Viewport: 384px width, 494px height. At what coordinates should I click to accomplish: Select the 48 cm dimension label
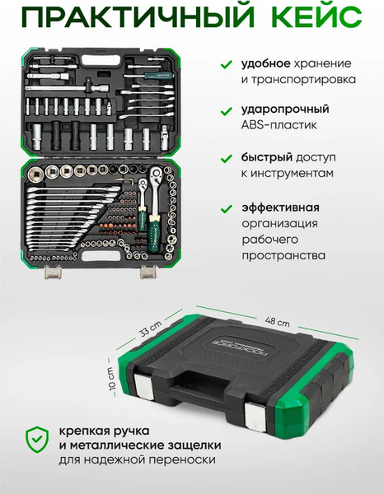click(277, 321)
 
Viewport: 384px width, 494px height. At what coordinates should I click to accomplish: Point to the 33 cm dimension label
click(151, 329)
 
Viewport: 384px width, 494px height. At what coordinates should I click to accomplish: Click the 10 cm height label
click(112, 378)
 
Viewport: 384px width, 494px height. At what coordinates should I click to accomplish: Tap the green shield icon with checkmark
click(37, 440)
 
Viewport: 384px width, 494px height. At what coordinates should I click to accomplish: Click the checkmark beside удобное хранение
click(227, 64)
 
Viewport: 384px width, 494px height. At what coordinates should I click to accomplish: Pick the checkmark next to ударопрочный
click(227, 111)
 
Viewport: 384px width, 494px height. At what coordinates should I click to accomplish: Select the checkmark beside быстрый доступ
click(227, 158)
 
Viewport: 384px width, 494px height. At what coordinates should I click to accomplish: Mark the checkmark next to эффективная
click(227, 208)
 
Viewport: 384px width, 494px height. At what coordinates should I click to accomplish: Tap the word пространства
click(283, 255)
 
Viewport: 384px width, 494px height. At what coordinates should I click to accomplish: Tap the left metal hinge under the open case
click(53, 272)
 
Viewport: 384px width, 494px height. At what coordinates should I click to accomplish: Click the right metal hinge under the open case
click(148, 272)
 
